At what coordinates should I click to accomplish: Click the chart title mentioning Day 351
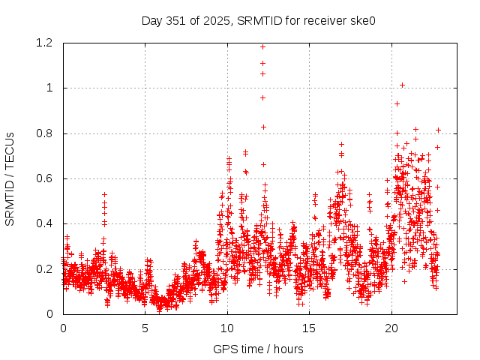click(258, 20)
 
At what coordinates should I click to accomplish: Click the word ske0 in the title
click(362, 20)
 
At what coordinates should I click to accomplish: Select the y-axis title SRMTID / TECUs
click(10, 178)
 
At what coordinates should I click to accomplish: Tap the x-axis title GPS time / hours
click(258, 349)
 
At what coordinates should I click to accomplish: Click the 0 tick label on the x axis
click(63, 328)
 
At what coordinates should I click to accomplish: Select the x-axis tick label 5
click(145, 328)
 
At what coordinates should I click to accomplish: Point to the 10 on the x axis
click(227, 328)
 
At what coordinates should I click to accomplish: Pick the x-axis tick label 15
click(309, 328)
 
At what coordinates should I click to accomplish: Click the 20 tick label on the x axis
click(391, 328)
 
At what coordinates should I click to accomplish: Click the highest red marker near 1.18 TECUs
click(262, 46)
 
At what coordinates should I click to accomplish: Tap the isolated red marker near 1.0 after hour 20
click(403, 85)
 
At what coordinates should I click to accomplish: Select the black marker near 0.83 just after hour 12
click(263, 127)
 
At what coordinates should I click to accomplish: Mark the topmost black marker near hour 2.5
click(105, 194)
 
